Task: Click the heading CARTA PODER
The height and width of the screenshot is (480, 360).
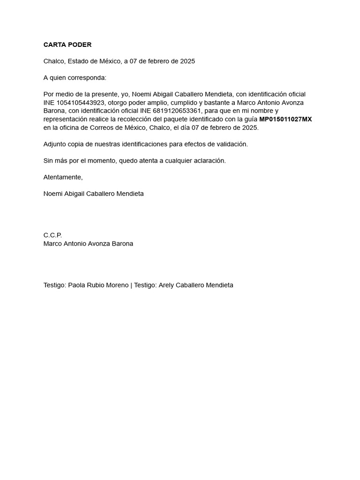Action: point(67,45)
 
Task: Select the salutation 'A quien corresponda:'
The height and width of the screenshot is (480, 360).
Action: point(75,78)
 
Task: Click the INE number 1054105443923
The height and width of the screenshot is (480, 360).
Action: point(81,103)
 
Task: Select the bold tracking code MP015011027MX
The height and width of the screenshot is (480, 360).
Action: point(285,120)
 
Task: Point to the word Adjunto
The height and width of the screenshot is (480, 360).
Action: point(55,144)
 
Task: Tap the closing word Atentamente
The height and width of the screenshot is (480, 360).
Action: point(63,177)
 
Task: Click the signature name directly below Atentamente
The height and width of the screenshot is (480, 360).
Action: point(94,194)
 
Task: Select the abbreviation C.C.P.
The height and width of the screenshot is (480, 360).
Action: point(52,235)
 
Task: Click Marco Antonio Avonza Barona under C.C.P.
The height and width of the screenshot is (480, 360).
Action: point(88,244)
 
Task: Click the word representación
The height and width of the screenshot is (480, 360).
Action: point(66,120)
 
